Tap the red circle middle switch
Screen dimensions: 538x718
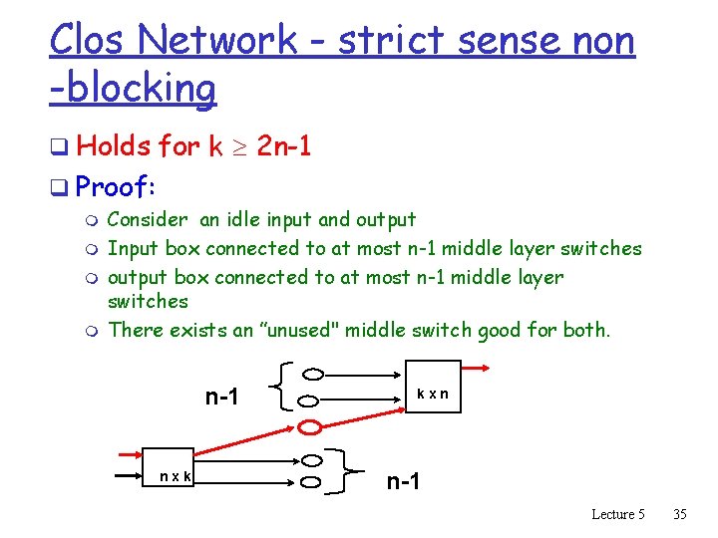pos(313,427)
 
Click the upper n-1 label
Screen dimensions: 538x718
pos(221,397)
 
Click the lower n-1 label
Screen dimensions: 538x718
pos(403,482)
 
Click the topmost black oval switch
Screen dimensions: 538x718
pos(313,375)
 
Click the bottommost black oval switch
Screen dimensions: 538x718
pos(313,483)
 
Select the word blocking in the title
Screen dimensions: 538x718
pos(139,88)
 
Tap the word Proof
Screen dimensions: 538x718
pos(118,186)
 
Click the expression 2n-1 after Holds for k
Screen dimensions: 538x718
pos(284,147)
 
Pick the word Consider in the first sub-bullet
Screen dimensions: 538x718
pos(147,219)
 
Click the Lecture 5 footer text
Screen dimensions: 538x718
pos(618,514)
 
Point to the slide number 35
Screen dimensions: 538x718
pos(680,514)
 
